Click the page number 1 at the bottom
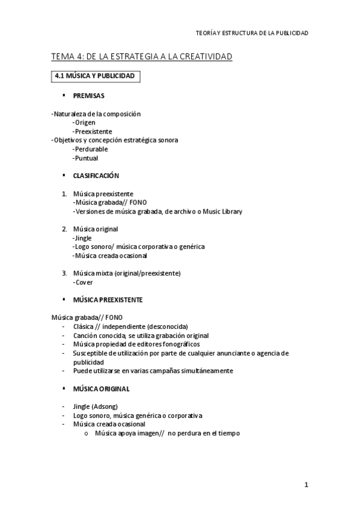[306, 485]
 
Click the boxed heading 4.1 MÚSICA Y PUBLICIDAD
[95, 76]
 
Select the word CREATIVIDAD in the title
[201, 57]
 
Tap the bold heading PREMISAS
[88, 96]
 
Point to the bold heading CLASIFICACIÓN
[96, 176]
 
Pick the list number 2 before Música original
[64, 229]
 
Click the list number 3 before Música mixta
[64, 273]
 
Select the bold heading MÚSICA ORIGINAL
[101, 389]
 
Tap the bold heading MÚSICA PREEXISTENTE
[108, 300]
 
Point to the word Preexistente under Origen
[93, 131]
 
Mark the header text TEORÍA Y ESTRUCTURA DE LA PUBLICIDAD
[252, 33]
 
